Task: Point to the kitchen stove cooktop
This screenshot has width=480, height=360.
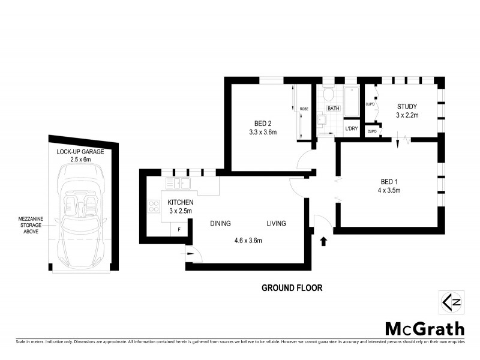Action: (x=151, y=206)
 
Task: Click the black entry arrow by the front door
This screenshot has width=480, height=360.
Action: (x=324, y=242)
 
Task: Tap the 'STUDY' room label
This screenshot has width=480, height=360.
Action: (x=406, y=107)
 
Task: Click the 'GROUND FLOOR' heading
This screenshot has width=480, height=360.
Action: (x=292, y=288)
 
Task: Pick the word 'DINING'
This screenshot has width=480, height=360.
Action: (x=220, y=224)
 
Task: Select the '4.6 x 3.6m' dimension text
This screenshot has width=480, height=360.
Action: (x=248, y=241)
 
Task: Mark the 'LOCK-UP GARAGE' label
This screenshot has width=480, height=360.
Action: (x=80, y=152)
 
